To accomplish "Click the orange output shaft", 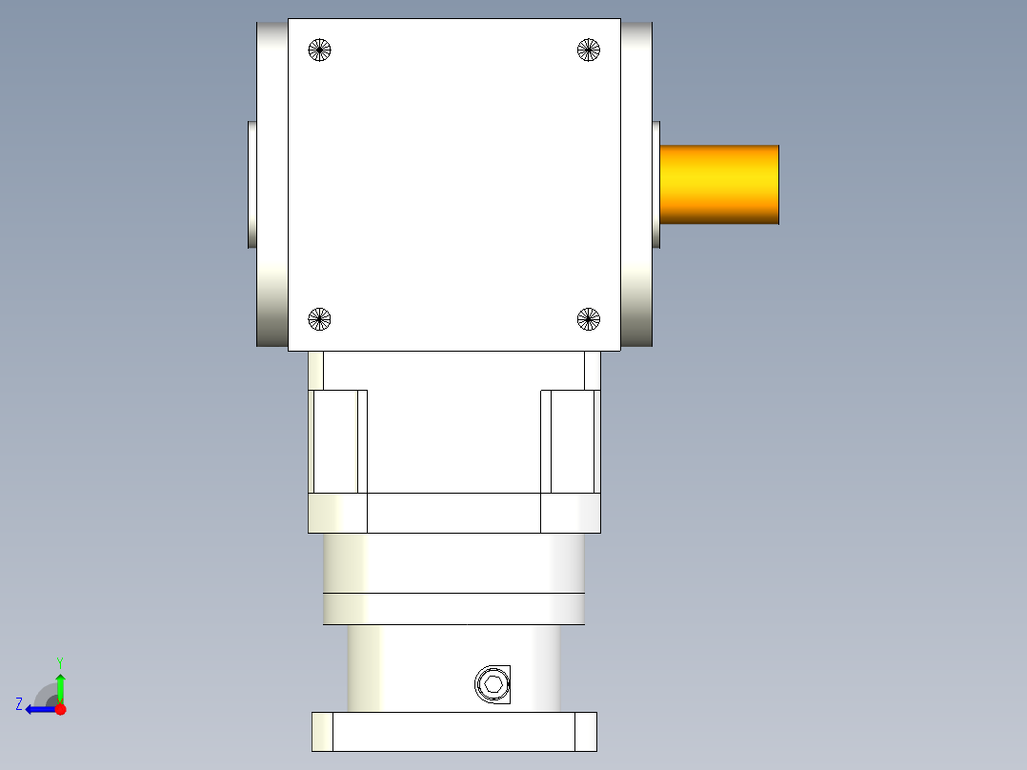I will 719,185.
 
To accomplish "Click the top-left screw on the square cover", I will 320,51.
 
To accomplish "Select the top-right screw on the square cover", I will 589,51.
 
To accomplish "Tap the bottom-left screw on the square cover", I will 320,319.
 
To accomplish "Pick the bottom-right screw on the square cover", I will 589,319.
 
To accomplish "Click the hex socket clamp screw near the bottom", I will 493,683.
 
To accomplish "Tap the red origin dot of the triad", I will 60,709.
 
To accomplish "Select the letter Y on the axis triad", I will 59,661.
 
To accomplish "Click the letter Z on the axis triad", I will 19,704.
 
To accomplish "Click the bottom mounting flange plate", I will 453,731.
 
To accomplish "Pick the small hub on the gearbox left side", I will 252,184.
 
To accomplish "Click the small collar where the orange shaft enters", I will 656,184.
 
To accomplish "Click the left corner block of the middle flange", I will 337,513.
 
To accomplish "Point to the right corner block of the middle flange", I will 571,513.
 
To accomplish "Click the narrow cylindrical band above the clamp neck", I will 453,609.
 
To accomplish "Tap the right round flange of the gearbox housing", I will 636,184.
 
